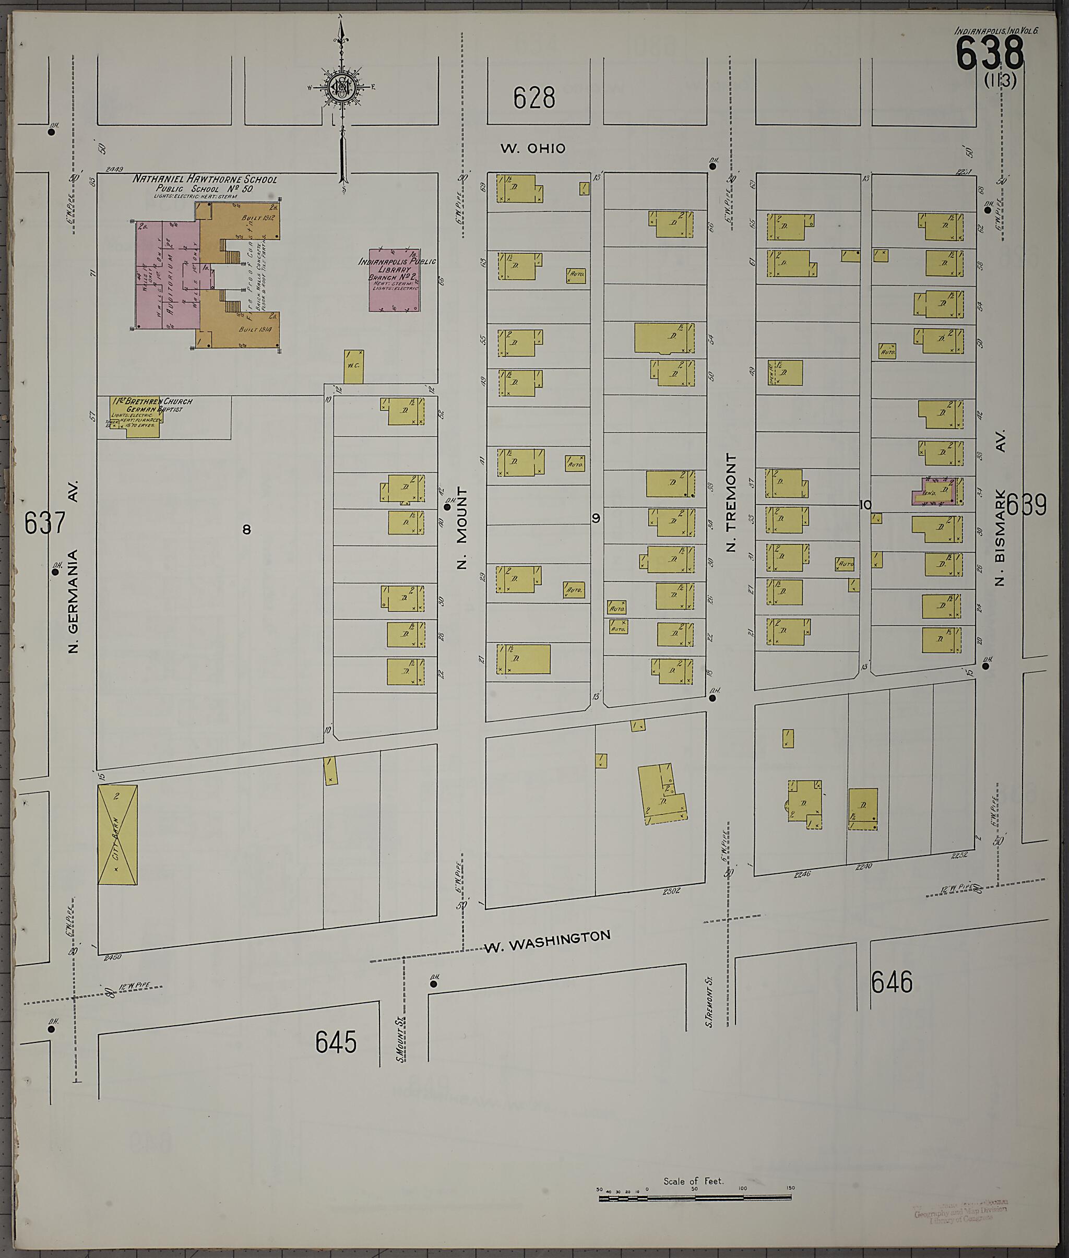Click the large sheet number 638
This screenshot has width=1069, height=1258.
(989, 53)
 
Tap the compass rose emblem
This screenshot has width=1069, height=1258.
(341, 88)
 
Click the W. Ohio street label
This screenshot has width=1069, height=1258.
(533, 148)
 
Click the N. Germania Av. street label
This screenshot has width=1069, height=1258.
(73, 568)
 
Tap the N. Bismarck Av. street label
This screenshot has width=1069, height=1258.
(1000, 508)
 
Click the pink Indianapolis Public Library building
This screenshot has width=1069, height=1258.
(395, 280)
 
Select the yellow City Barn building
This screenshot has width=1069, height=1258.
(117, 835)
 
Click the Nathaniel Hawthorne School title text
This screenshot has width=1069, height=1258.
(205, 180)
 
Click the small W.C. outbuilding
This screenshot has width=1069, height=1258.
(354, 366)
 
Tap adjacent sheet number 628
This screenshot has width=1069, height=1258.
(533, 98)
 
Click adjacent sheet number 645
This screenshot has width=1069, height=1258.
(336, 1042)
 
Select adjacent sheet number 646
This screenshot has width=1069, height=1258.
(892, 982)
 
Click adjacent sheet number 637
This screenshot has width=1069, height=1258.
(45, 523)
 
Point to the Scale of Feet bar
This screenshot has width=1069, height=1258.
(695, 1197)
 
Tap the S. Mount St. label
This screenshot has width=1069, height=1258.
(400, 1039)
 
